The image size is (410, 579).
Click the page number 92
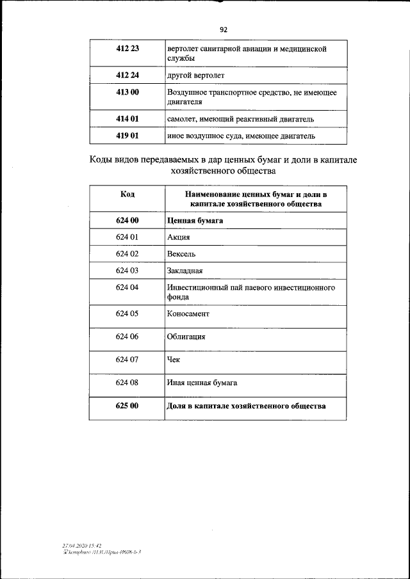point(223,29)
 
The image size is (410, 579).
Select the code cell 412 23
point(127,48)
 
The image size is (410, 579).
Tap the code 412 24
point(127,75)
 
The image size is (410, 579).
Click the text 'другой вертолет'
point(195,75)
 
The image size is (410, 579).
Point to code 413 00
point(127,92)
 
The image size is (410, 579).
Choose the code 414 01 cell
point(127,119)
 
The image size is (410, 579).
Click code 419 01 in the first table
point(127,136)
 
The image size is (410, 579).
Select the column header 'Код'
point(127,194)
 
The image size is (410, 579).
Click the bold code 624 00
point(127,220)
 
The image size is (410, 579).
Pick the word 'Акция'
point(179,237)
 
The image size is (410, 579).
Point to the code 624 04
point(127,288)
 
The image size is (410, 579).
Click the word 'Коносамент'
point(188,314)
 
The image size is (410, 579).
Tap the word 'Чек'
point(173,360)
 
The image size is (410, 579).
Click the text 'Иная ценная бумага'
point(202,383)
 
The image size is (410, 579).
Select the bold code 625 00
point(127,406)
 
